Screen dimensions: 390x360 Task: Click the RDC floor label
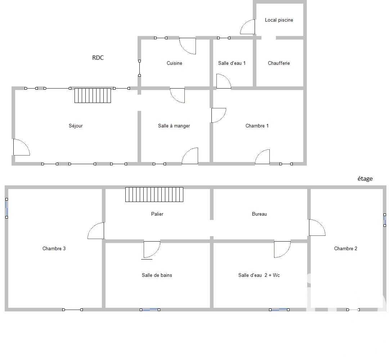click(x=98, y=58)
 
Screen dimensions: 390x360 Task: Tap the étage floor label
click(x=365, y=179)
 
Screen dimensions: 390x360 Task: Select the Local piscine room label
click(x=279, y=20)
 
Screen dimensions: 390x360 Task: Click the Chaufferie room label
click(x=279, y=63)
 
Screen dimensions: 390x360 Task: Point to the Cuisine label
click(x=174, y=63)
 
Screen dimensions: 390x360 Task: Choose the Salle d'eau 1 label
click(x=232, y=63)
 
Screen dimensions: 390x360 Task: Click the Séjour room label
click(x=76, y=126)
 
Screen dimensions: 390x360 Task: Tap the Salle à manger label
click(x=174, y=126)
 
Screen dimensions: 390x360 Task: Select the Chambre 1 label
click(x=257, y=126)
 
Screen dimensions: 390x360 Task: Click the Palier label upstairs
click(x=157, y=214)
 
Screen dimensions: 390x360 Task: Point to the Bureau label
click(x=259, y=214)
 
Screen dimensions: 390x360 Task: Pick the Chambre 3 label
click(x=54, y=249)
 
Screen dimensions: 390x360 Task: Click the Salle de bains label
click(x=157, y=275)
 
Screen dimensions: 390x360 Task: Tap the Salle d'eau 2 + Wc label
click(x=259, y=275)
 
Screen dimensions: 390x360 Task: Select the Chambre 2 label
click(x=345, y=249)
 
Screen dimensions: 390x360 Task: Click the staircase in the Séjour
click(x=93, y=95)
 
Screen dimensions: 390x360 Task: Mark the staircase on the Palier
click(x=154, y=195)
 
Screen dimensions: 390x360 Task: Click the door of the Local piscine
click(x=247, y=27)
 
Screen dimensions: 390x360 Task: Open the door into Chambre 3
click(x=96, y=231)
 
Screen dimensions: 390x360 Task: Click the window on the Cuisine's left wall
click(x=139, y=68)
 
